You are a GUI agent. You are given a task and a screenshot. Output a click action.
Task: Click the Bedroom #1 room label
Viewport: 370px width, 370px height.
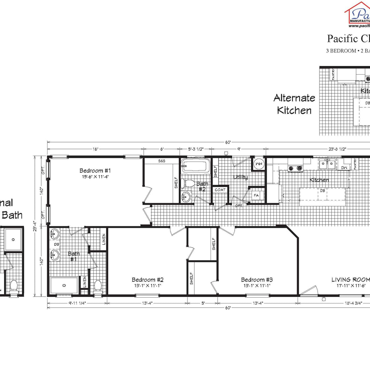[95, 171]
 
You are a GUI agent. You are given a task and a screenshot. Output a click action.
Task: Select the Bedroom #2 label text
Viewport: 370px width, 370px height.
[147, 280]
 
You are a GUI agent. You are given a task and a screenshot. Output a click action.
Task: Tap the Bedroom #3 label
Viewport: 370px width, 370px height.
[257, 280]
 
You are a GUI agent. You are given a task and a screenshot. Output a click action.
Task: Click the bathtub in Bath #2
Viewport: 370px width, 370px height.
[195, 166]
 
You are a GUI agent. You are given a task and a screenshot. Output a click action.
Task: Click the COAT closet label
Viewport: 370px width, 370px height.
[220, 190]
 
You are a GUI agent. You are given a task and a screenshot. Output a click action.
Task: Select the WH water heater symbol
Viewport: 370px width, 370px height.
[258, 164]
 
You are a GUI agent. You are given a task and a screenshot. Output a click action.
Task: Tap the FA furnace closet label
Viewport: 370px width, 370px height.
[256, 195]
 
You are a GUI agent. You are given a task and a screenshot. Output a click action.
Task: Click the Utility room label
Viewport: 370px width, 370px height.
[240, 177]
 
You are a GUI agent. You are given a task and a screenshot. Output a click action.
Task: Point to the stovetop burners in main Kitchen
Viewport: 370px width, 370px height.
[295, 168]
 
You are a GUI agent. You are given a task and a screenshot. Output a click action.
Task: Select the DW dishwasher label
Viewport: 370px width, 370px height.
[344, 167]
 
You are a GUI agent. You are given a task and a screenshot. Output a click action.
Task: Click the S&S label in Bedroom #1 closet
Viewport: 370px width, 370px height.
[162, 161]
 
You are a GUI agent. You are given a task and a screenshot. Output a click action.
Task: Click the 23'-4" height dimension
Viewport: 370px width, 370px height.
[35, 227]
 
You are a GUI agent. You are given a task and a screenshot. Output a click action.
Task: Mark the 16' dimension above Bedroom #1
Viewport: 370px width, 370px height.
[96, 149]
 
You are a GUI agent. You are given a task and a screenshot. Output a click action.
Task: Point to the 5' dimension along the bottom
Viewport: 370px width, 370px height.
[203, 303]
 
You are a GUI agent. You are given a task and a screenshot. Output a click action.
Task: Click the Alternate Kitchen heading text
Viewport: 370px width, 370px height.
[294, 104]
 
